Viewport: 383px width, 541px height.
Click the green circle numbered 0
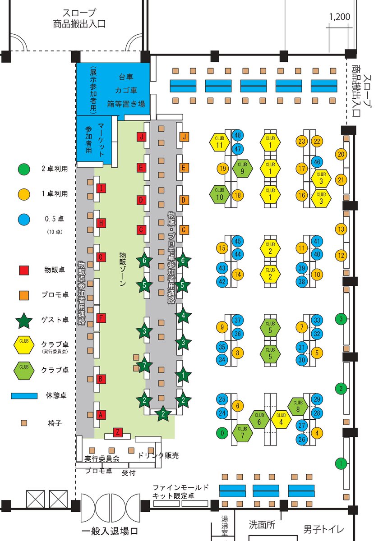click(x=221, y=433)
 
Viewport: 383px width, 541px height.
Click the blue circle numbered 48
click(x=238, y=135)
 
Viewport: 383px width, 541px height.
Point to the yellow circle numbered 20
click(x=341, y=155)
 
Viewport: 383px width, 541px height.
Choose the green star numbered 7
click(x=144, y=365)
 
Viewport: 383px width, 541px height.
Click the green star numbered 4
click(x=183, y=316)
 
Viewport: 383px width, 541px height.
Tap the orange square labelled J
click(x=184, y=136)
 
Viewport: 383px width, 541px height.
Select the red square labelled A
click(x=101, y=414)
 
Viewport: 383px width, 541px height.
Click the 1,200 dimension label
click(x=340, y=18)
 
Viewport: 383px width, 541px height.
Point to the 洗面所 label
click(x=262, y=525)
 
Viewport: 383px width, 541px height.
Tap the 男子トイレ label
click(x=323, y=529)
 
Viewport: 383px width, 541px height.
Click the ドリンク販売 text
click(x=158, y=456)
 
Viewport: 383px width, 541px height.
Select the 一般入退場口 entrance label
click(x=109, y=530)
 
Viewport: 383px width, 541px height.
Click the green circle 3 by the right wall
click(x=341, y=319)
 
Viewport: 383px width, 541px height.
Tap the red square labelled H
click(x=102, y=223)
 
